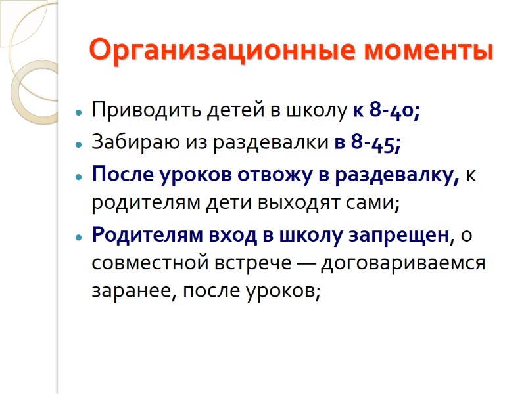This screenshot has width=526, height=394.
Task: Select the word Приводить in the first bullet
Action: coord(136,110)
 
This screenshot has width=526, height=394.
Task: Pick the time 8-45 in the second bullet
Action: coord(375,142)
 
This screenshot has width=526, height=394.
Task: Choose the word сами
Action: coord(373,203)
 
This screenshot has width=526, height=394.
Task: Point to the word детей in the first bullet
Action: coord(225,110)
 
